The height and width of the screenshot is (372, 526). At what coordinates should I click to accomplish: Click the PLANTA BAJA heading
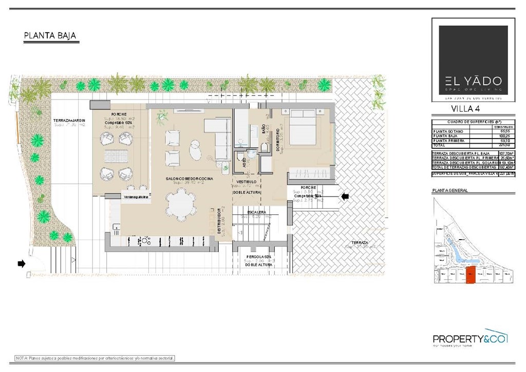[x=50, y=36]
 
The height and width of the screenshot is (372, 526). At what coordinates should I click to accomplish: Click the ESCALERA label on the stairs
[x=256, y=211]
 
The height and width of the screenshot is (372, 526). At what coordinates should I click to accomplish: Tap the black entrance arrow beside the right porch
[x=345, y=195]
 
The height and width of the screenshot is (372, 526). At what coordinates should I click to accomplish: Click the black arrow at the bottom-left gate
[x=21, y=264]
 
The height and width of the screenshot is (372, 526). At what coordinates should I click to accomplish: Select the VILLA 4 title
[x=465, y=108]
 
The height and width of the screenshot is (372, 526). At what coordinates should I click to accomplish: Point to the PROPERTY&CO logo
[x=469, y=339]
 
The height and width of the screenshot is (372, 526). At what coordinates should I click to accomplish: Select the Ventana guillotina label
[x=136, y=197]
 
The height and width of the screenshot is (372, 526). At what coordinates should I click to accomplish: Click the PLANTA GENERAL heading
[x=451, y=190]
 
